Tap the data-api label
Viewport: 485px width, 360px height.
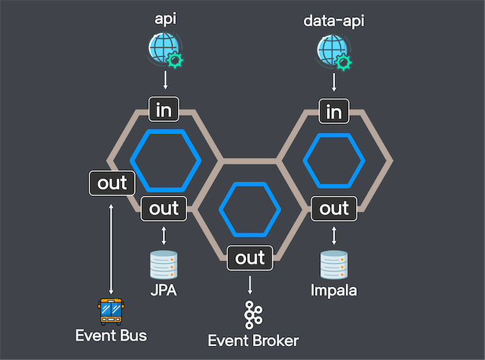334,20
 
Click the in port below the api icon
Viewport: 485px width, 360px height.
165,109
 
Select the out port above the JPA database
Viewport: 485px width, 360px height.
164,208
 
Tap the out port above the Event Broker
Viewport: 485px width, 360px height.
250,258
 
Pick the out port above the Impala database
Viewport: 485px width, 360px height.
334,208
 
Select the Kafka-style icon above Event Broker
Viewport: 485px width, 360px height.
253,315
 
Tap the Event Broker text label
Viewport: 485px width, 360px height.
254,341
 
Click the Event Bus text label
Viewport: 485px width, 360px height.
112,336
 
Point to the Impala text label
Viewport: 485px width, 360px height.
334,290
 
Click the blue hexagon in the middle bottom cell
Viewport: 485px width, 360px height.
249,208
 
